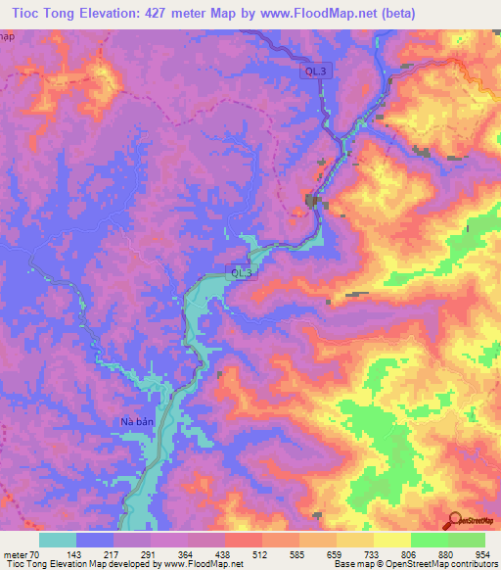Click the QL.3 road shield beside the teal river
(242, 271)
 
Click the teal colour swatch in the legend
(58, 540)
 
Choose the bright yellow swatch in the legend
(391, 540)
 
